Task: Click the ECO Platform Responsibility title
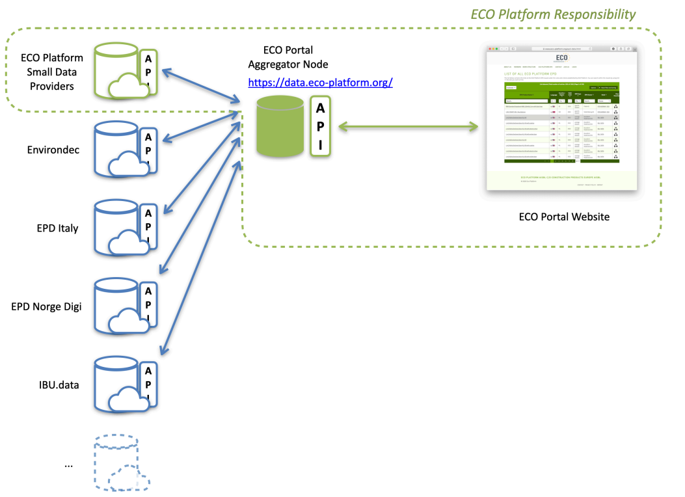point(553,14)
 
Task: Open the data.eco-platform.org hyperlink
point(320,83)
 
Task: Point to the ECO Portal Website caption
point(563,216)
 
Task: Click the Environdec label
point(53,150)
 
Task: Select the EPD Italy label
point(57,228)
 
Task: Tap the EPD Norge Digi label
point(46,306)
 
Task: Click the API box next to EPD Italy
point(149,227)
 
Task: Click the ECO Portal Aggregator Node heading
point(288,57)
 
